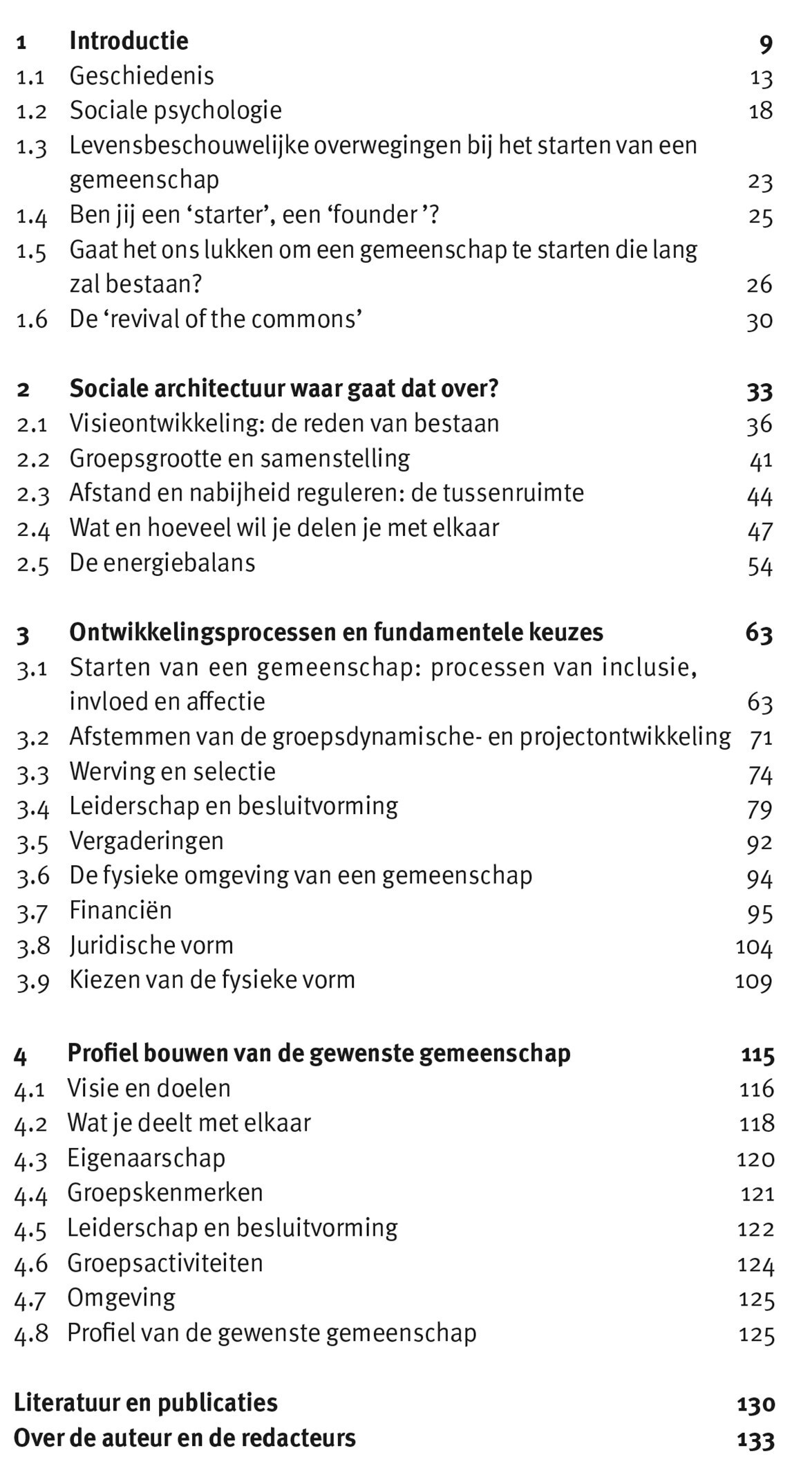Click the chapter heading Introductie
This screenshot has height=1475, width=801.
[x=129, y=41]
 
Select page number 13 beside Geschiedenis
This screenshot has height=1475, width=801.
[x=761, y=78]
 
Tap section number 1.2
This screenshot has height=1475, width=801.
[x=32, y=111]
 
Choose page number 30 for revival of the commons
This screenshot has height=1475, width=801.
[x=760, y=321]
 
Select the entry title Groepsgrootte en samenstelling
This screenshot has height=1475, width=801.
[x=239, y=458]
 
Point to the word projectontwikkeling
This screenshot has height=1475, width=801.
[x=625, y=737]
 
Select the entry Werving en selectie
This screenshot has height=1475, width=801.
[x=173, y=772]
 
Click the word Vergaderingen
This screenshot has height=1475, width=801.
[x=147, y=842]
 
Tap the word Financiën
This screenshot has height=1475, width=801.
[x=120, y=910]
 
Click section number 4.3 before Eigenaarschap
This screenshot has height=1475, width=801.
[x=30, y=1160]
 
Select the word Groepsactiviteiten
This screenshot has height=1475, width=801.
[x=165, y=1263]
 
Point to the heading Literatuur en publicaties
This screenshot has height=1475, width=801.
[x=146, y=1403]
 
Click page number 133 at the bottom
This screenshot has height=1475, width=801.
[x=756, y=1440]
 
